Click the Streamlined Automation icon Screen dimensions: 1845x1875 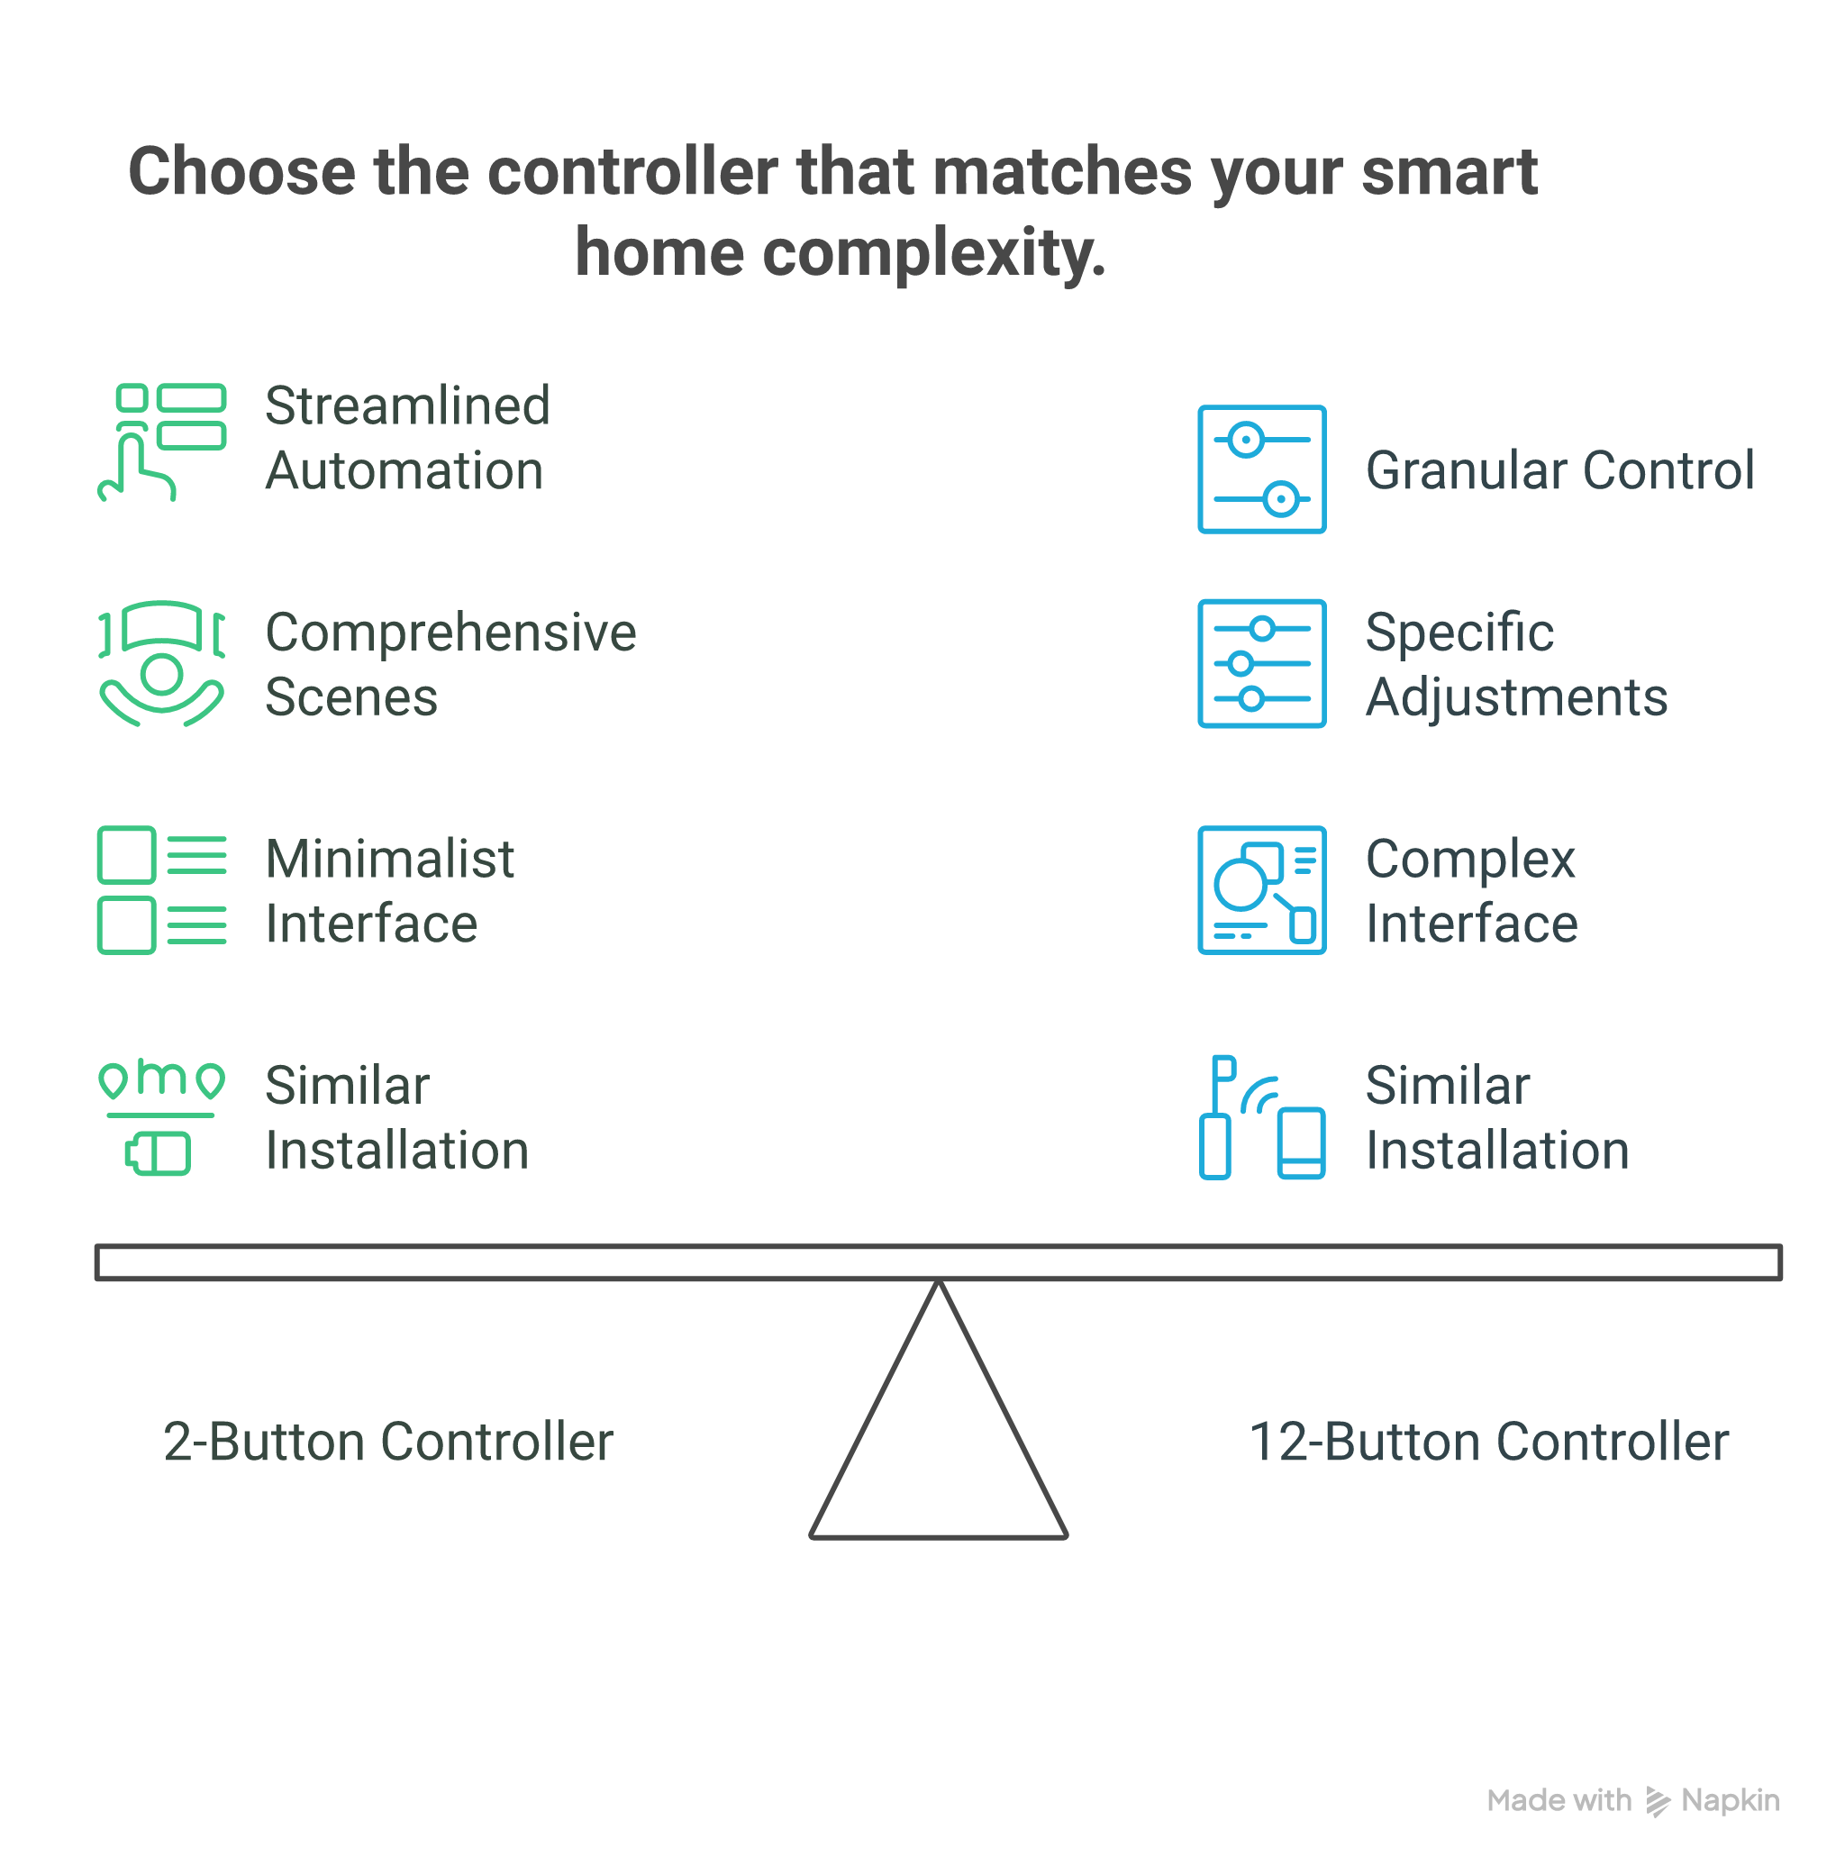pos(162,441)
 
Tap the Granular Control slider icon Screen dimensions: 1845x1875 pos(1260,469)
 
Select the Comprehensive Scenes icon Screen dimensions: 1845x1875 pos(162,664)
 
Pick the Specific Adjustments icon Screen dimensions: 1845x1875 pos(1260,663)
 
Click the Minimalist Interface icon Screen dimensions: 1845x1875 pos(162,889)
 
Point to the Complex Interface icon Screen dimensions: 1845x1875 pos(1260,889)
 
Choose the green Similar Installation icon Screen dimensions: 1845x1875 pos(162,1116)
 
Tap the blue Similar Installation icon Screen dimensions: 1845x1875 pos(1260,1116)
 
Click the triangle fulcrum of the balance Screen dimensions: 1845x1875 pos(938,1434)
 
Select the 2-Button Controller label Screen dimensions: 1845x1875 pos(387,1442)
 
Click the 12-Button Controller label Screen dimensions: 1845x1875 pos(1488,1442)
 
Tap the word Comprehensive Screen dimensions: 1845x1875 pos(450,633)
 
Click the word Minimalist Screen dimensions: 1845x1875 pos(389,860)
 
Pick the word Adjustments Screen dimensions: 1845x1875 pos(1516,697)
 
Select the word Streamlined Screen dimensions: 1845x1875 pos(407,405)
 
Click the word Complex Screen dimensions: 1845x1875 pos(1470,860)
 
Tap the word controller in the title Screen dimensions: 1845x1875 pos(632,172)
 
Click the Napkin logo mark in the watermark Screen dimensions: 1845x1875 pos(1658,1801)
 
